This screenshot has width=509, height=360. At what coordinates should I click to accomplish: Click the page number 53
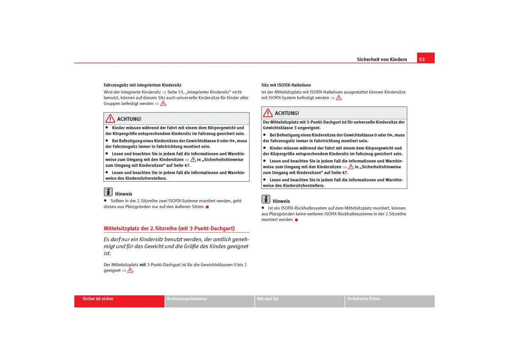422,59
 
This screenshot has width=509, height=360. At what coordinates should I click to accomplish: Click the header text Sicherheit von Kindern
382,59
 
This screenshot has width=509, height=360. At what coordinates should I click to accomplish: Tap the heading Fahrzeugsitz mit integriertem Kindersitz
143,85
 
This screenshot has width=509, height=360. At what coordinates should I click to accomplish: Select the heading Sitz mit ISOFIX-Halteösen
286,85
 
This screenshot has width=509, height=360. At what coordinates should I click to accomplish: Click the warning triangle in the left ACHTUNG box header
110,119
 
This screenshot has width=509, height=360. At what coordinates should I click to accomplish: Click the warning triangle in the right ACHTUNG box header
268,113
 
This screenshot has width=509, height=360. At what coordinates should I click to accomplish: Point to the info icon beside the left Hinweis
108,192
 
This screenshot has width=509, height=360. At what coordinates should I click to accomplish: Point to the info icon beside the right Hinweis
266,199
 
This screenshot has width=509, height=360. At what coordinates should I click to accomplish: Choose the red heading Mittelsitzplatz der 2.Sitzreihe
169,228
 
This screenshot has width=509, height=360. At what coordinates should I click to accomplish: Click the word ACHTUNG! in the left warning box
129,119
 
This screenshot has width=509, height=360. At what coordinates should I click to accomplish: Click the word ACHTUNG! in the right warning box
287,113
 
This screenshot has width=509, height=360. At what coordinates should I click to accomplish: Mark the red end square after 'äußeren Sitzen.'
207,207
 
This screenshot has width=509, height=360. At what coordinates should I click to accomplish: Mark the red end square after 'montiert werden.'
296,220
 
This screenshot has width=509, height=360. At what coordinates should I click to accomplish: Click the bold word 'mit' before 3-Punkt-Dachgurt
143,264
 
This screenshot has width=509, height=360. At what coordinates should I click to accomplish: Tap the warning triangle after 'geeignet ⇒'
130,270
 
